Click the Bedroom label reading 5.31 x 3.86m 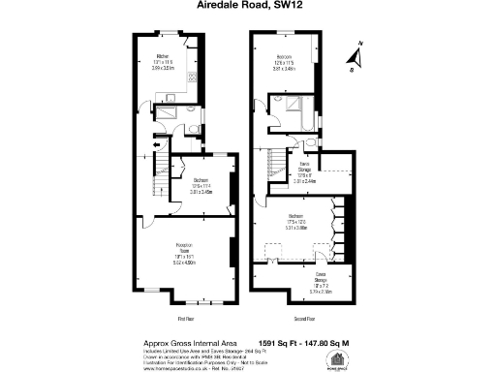coord(296,223)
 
